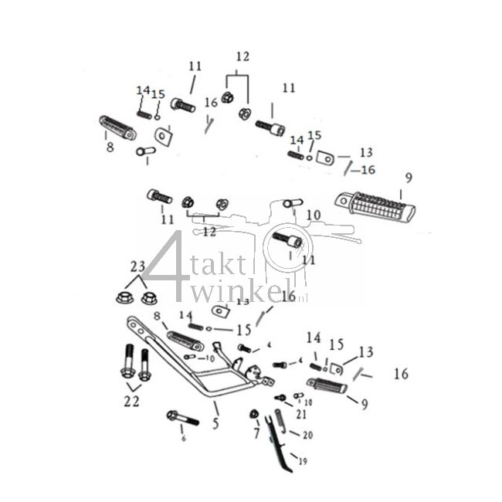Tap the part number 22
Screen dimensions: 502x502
click(x=132, y=401)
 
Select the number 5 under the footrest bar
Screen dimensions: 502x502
click(x=216, y=423)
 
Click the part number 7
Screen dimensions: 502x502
click(x=256, y=434)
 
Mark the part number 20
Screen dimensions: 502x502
click(x=307, y=436)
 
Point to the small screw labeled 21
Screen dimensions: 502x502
click(x=280, y=399)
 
